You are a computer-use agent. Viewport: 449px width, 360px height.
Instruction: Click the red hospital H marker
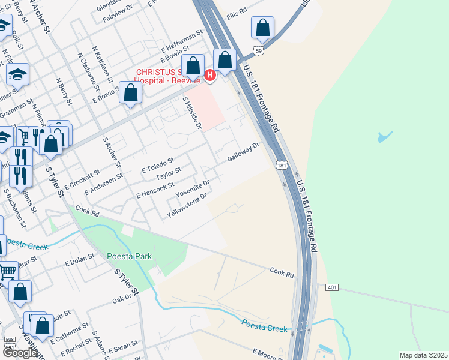210,75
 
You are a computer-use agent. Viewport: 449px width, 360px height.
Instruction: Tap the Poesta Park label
129,256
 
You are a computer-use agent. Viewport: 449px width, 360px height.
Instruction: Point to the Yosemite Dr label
192,190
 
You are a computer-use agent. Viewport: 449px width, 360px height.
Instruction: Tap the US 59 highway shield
258,52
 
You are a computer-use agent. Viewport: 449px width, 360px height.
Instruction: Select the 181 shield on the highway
281,165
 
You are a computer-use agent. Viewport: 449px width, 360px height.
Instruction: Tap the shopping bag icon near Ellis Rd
262,28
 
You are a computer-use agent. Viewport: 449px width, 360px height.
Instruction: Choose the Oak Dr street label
121,298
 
